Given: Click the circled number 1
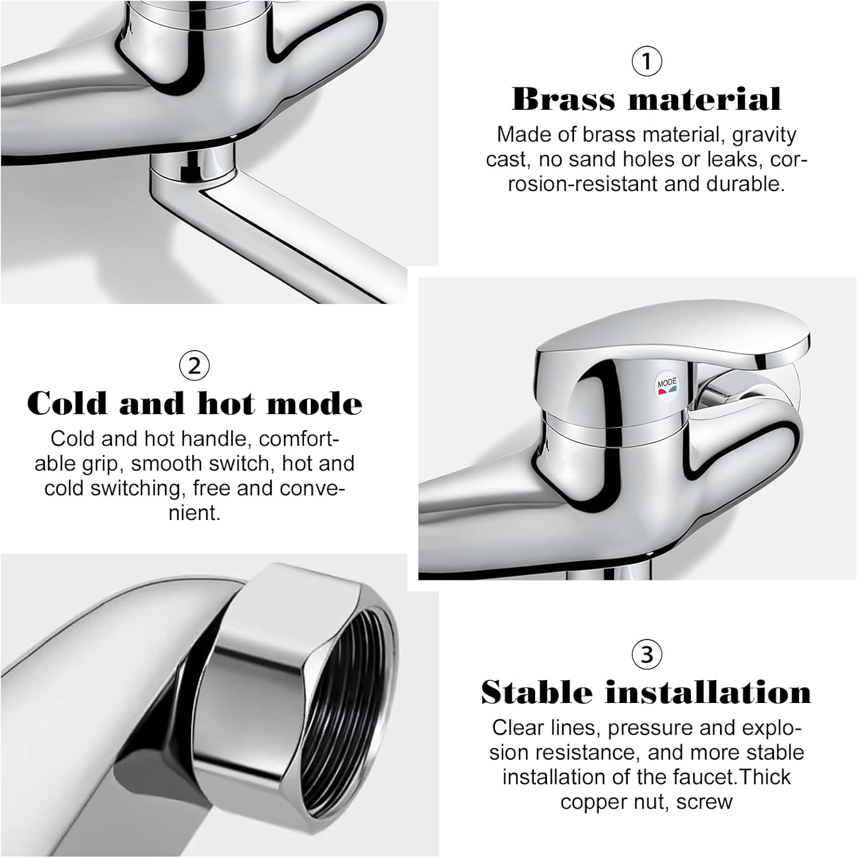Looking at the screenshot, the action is click(x=646, y=61).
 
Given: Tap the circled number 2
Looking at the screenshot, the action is click(x=194, y=366).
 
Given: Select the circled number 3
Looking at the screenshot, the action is click(x=646, y=654).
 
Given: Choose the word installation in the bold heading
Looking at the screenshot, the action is click(x=708, y=692).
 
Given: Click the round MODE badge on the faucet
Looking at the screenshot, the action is click(x=666, y=386).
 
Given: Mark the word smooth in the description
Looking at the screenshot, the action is click(x=167, y=463).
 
